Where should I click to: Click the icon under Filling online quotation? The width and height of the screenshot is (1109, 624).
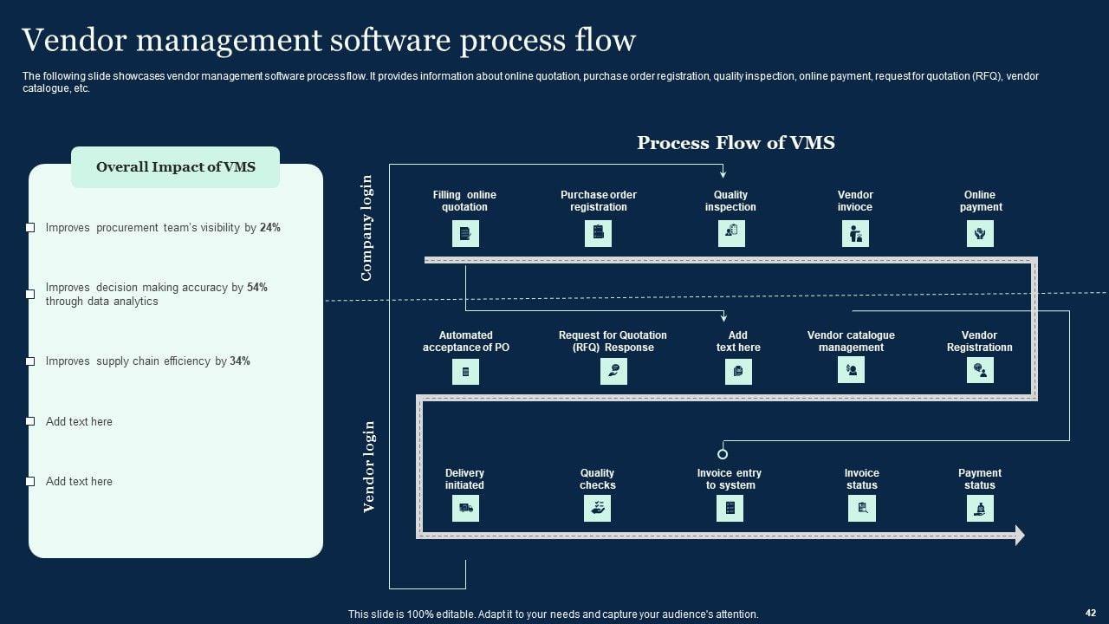point(465,233)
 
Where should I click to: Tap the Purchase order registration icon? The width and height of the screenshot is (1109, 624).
point(598,233)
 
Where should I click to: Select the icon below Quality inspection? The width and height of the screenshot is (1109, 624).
point(731,233)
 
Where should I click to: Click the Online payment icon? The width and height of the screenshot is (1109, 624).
point(980,233)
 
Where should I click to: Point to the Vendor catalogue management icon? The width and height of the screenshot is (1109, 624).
point(851,370)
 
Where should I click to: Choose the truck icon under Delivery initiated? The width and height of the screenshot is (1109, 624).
point(465,508)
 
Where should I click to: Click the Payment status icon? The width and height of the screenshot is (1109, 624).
point(980,508)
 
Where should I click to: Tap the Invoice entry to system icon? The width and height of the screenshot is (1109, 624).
point(730,508)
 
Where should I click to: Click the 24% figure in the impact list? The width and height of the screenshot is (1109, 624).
point(270,227)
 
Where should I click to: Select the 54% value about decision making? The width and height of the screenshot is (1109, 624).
point(257,287)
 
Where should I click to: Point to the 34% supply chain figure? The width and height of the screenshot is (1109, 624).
point(240,361)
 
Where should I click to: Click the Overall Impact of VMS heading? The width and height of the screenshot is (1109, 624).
point(176,167)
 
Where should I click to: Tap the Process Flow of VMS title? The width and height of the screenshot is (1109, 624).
point(736,143)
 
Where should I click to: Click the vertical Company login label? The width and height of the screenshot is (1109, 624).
point(366,228)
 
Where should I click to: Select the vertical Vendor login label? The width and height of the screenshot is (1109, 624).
point(368,467)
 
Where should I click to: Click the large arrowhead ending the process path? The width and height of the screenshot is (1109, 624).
point(1020,536)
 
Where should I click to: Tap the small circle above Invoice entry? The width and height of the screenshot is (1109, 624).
point(723,453)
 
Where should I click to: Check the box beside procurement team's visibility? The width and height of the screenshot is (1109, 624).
point(30,227)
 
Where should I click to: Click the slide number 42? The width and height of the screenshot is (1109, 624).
point(1090,613)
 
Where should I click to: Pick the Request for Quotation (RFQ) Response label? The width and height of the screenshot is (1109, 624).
point(613,341)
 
